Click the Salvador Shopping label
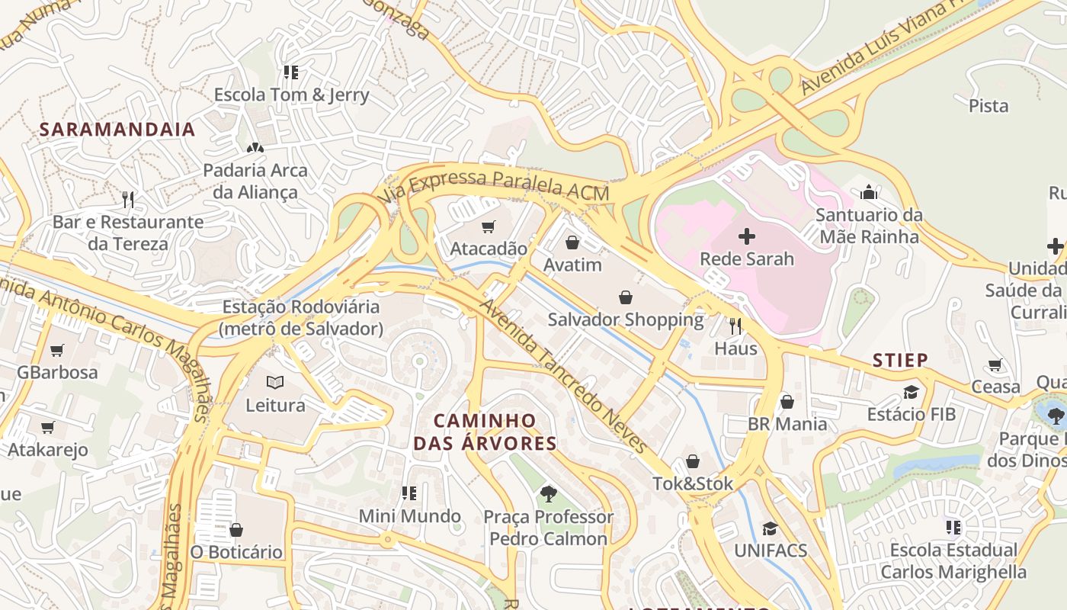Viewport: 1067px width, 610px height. coord(625,319)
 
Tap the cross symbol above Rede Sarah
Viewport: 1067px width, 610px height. coord(747,236)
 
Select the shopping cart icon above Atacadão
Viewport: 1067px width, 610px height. coord(488,226)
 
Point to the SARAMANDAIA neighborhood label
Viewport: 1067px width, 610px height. coord(117,130)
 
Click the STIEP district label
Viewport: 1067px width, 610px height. coord(900,360)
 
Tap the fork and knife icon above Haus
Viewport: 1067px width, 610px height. coord(735,326)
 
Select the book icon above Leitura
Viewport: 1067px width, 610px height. coord(275,382)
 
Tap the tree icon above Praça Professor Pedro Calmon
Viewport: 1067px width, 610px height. coord(548,494)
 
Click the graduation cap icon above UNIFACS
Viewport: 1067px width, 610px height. coord(770,528)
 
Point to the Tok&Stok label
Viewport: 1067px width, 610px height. coord(693,483)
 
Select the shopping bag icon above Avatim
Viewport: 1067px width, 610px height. coord(572,242)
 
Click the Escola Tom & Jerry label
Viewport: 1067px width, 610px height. coord(291,95)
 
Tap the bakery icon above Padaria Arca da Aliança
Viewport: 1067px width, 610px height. coord(255,147)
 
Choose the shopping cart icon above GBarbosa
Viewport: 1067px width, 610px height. coord(57,350)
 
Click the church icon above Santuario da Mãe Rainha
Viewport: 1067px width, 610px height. coord(869,192)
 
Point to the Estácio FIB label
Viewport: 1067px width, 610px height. coord(911,415)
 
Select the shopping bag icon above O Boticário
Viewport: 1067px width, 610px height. coord(236,529)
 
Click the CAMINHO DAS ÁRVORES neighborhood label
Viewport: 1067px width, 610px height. coord(485,432)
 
